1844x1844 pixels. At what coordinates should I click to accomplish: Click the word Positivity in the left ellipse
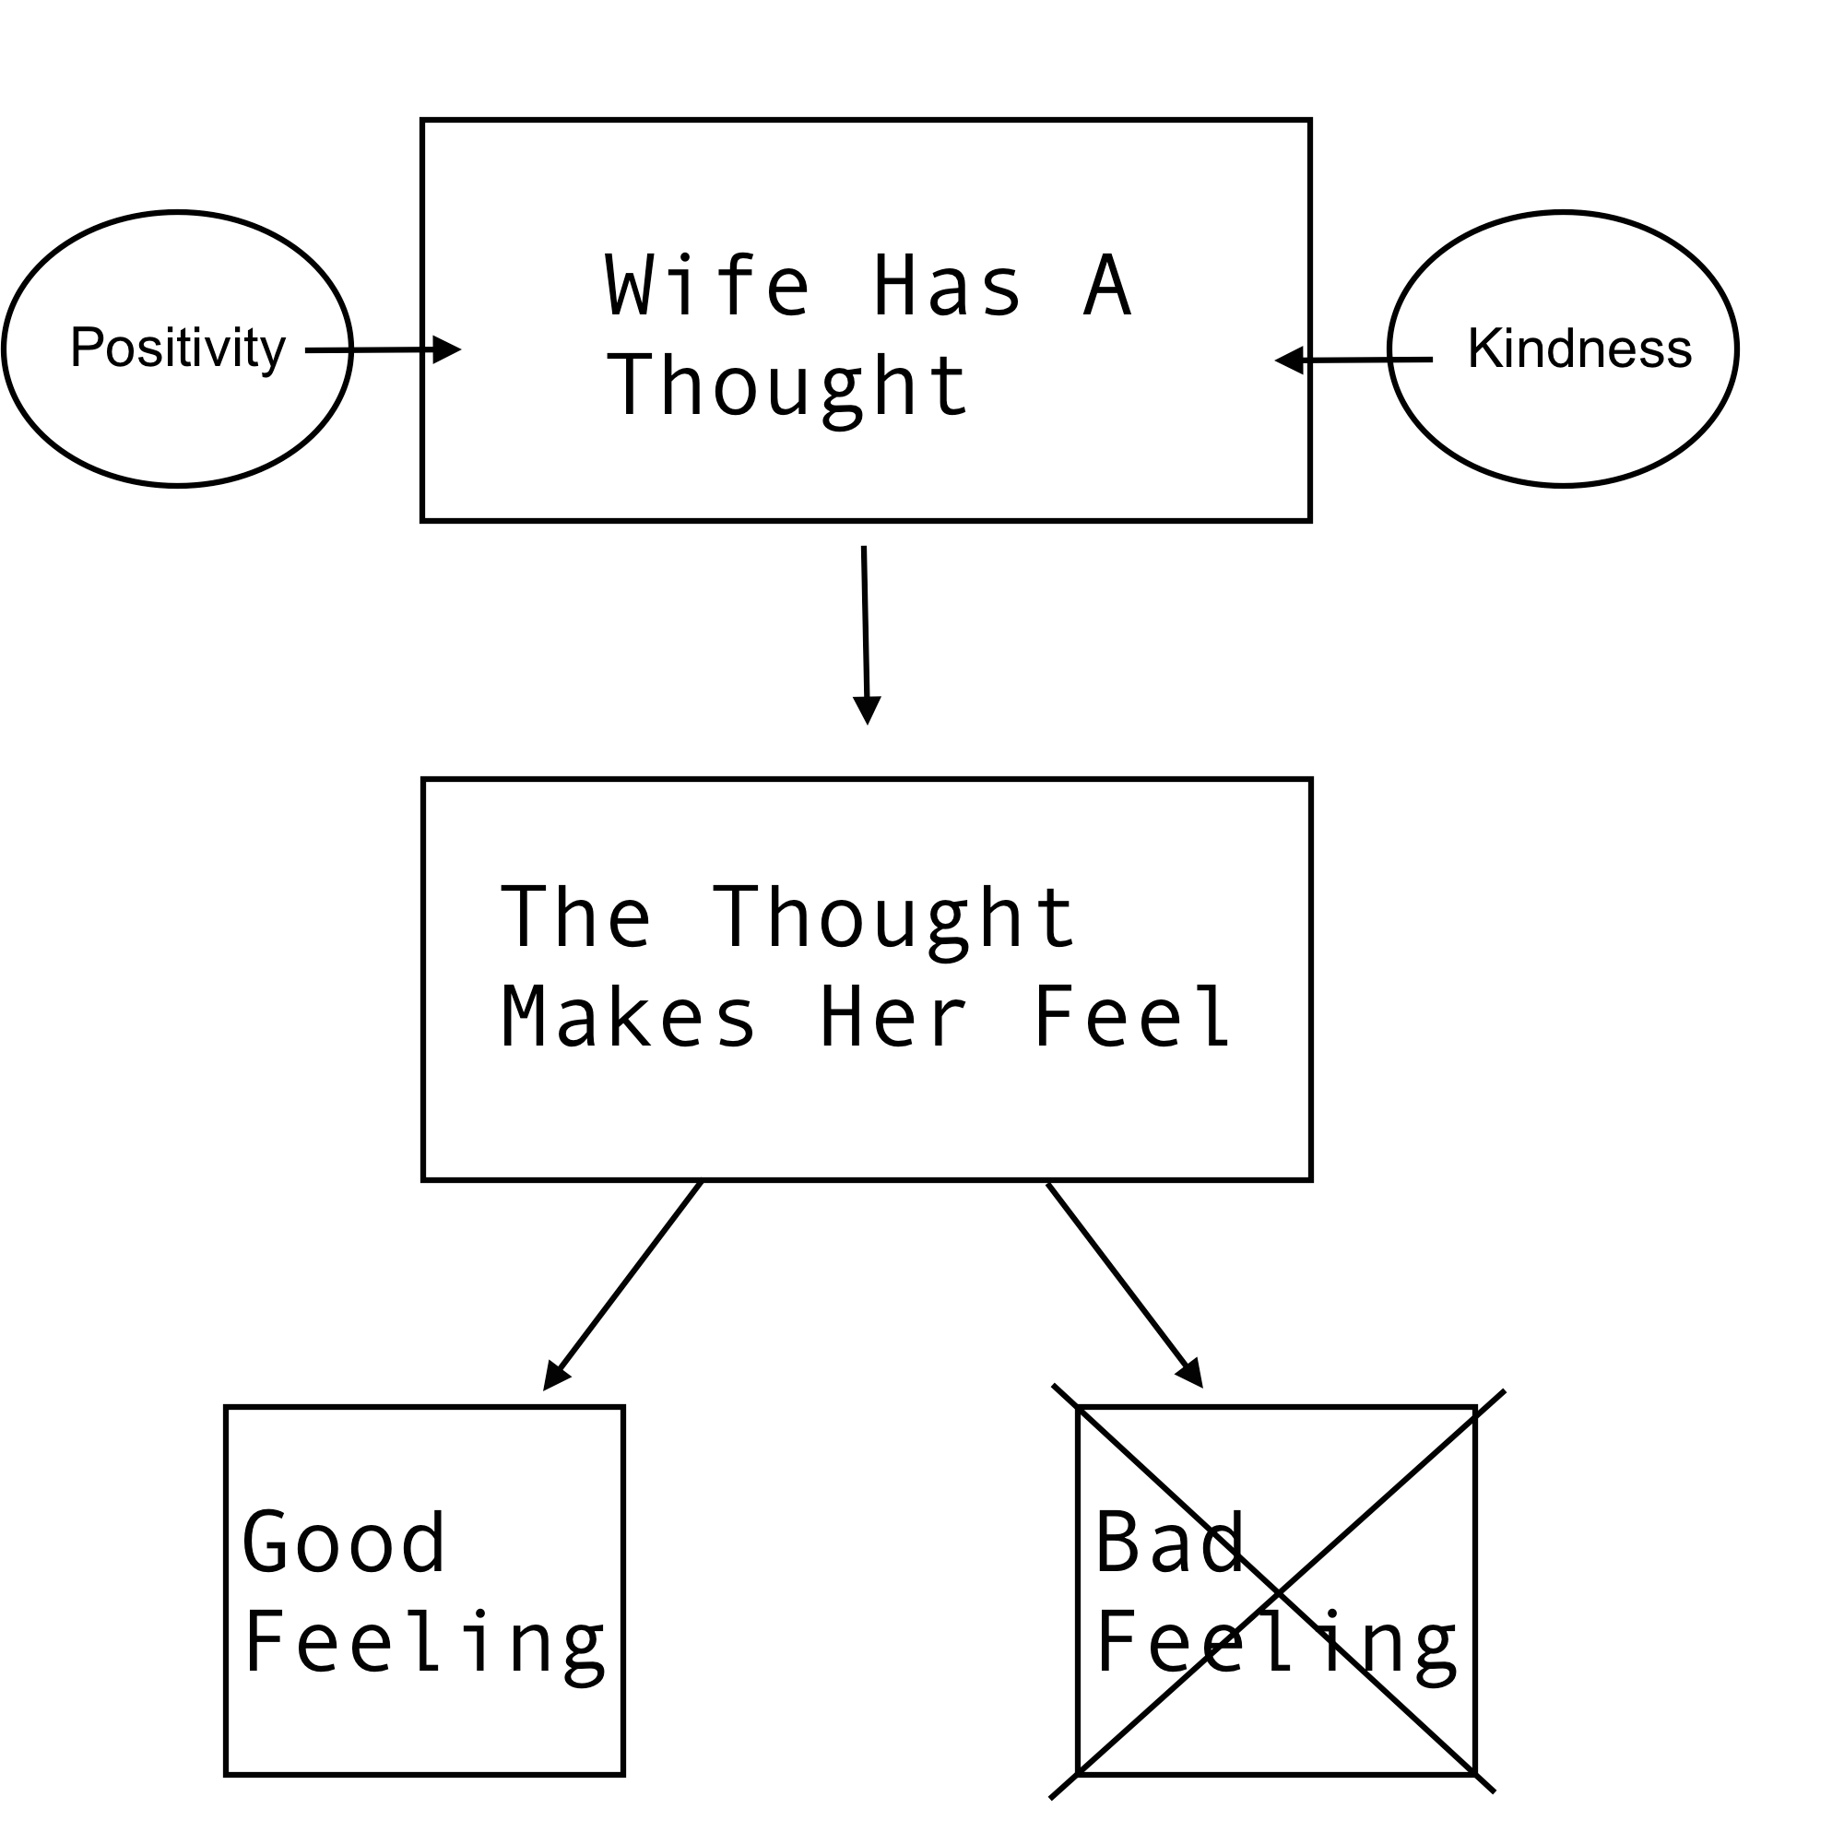pos(178,349)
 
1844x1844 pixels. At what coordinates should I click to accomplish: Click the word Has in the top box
pos(947,286)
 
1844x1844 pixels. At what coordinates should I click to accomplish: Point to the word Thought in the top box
pos(788,386)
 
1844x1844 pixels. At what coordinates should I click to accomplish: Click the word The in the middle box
pos(575,917)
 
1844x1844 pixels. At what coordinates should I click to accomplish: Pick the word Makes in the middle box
pos(628,1019)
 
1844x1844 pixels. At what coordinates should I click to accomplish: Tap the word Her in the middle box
pos(893,1019)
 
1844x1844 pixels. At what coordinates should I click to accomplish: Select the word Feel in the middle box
pos(1132,1019)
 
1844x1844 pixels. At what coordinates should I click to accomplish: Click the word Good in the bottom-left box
pos(344,1543)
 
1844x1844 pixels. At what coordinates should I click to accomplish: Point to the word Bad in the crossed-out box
pos(1169,1543)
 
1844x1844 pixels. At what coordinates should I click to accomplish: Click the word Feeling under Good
pos(425,1645)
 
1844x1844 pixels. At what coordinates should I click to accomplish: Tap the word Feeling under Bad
pos(1276,1645)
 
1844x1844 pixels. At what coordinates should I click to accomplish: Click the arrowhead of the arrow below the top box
pos(867,709)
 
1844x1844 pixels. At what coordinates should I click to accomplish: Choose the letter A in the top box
pos(1107,286)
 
